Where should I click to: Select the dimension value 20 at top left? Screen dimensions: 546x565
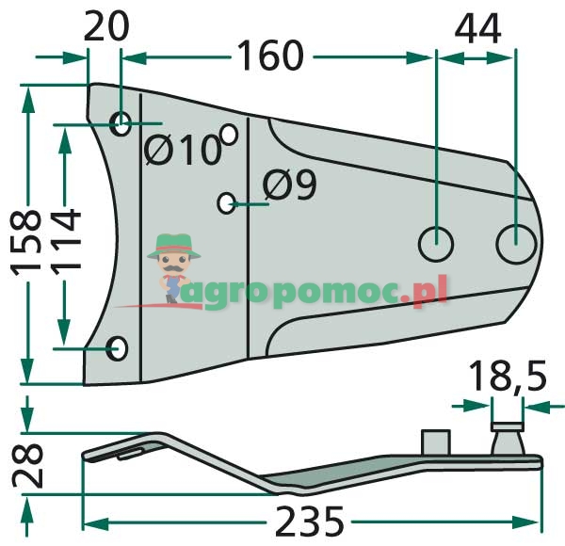click(x=105, y=26)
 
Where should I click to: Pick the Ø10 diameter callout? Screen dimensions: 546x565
click(x=183, y=150)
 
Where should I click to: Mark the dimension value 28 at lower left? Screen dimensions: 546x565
click(x=30, y=464)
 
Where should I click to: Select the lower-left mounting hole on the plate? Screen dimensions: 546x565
click(x=119, y=348)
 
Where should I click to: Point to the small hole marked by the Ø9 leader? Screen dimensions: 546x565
click(x=225, y=202)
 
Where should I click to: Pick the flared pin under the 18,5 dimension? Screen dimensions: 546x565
click(x=507, y=438)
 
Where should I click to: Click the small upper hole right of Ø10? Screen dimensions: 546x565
click(x=228, y=133)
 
